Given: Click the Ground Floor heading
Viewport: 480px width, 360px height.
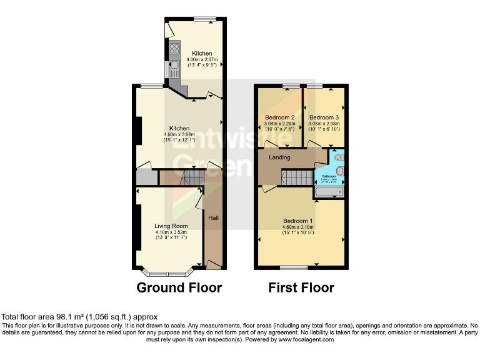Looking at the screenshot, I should pyautogui.click(x=179, y=287).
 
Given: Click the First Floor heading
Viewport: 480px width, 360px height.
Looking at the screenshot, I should pyautogui.click(x=301, y=287).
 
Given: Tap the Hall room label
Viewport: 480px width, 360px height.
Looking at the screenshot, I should pyautogui.click(x=213, y=218).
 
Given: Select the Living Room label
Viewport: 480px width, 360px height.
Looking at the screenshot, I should pyautogui.click(x=171, y=226).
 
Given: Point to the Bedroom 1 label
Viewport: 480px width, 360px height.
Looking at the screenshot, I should pyautogui.click(x=297, y=221).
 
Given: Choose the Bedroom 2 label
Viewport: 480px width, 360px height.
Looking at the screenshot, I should pyautogui.click(x=279, y=117).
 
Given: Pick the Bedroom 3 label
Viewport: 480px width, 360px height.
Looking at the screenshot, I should pyautogui.click(x=324, y=117).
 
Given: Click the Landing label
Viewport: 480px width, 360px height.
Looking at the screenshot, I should pyautogui.click(x=279, y=157).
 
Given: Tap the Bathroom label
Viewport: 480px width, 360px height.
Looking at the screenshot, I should pyautogui.click(x=329, y=176).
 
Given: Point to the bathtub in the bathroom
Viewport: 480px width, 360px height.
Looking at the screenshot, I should pyautogui.click(x=329, y=192).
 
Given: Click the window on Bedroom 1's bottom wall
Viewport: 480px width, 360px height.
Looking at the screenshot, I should pyautogui.click(x=293, y=267).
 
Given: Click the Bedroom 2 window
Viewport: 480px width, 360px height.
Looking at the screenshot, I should pyautogui.click(x=290, y=85).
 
